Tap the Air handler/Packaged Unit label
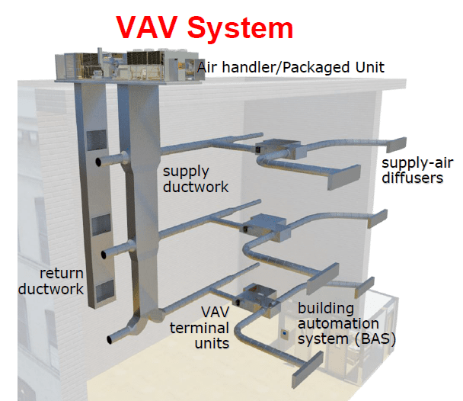(290, 67)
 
